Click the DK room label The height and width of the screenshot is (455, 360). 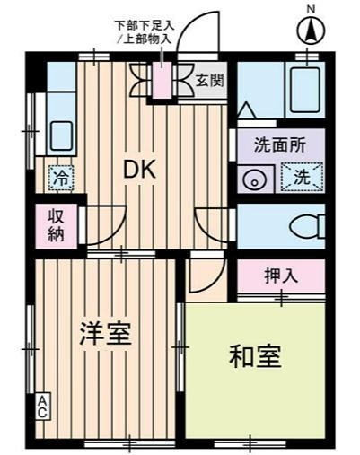point(142,168)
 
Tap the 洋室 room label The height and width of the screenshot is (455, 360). point(107,333)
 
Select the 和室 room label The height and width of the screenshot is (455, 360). point(255,356)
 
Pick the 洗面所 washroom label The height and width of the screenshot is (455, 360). point(277,144)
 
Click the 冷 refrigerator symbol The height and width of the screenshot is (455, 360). point(57,177)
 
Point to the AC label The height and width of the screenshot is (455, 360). point(41,407)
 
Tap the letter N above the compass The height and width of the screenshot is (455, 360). point(311,9)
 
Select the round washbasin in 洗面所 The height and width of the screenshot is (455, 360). point(254,178)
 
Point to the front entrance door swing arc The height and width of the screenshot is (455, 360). point(196,31)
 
